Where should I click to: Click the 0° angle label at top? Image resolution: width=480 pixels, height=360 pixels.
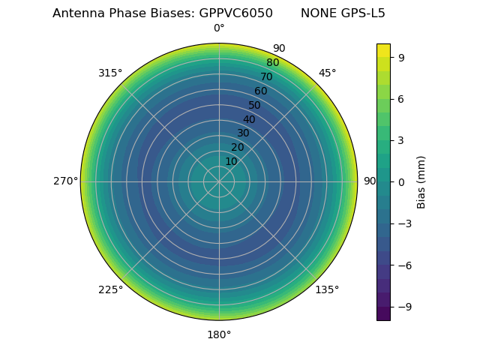(219, 28)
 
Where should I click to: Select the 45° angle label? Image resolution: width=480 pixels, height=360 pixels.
(327, 73)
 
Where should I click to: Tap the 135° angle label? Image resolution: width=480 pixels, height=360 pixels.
(327, 289)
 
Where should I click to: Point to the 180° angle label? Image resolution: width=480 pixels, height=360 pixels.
(219, 334)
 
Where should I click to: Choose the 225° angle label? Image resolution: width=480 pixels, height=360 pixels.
(110, 289)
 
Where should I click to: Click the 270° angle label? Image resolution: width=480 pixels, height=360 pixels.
(65, 181)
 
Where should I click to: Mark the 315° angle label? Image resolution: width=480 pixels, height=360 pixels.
(110, 73)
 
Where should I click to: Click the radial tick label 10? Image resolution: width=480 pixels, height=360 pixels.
(231, 161)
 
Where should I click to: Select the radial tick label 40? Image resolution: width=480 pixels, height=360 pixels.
(249, 119)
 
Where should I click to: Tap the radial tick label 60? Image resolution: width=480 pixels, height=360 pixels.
(260, 91)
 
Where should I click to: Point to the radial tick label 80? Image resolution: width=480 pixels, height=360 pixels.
(272, 63)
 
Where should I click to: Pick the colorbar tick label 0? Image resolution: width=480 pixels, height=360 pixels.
(401, 181)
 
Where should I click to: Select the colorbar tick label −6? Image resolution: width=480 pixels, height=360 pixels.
(404, 265)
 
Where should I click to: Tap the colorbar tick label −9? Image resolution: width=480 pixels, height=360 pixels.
(404, 307)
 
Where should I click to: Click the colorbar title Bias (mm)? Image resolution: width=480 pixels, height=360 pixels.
(421, 181)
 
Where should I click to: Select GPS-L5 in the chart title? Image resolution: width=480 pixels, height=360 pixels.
(364, 13)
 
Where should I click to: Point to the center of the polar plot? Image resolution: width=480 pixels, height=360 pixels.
(219, 181)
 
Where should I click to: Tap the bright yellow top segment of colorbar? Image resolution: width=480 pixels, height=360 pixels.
(383, 50)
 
